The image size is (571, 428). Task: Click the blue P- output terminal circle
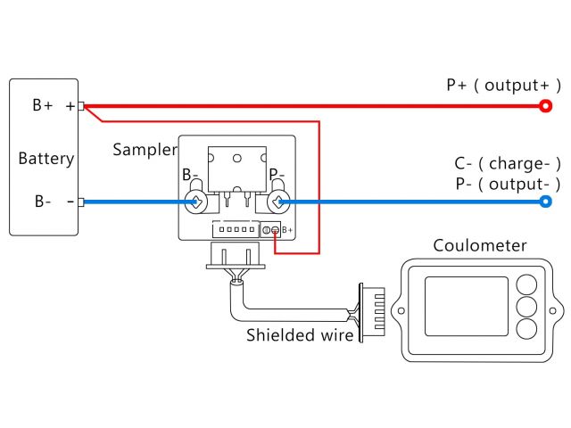coord(545,202)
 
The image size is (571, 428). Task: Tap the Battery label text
coord(46,160)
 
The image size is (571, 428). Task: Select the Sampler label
coord(145,149)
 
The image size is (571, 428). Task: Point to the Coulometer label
coord(479,246)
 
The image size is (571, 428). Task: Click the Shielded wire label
coord(300,335)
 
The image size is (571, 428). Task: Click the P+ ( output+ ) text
coord(503,86)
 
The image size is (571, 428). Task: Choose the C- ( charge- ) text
coord(507,164)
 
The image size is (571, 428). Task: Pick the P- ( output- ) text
coord(507,185)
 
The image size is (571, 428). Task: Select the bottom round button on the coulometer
coord(526,328)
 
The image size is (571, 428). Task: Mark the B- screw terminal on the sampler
coord(196,202)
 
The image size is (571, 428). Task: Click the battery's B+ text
coord(43,106)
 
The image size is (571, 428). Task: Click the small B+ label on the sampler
coord(286,230)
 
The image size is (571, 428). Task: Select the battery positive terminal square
coord(81,107)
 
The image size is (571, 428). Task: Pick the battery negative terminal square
coord(81,202)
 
